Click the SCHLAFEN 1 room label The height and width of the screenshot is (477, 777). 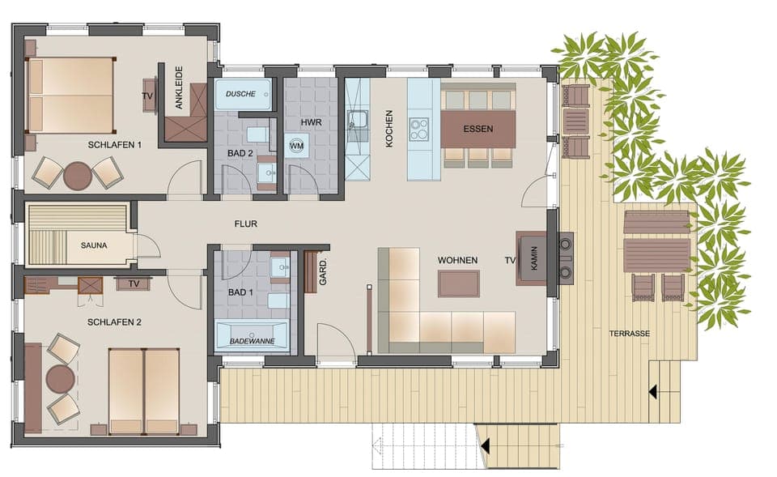[x=115, y=145]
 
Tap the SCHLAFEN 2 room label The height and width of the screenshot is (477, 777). [x=115, y=322]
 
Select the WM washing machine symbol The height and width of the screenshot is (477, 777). [x=297, y=146]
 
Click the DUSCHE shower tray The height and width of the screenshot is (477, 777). [x=241, y=95]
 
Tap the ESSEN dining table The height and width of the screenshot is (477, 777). [x=478, y=129]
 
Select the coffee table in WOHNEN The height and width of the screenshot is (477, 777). [x=458, y=283]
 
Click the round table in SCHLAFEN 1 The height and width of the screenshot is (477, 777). [x=78, y=176]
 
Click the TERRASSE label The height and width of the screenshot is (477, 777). [x=631, y=333]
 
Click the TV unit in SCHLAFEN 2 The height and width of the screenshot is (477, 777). [x=133, y=283]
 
